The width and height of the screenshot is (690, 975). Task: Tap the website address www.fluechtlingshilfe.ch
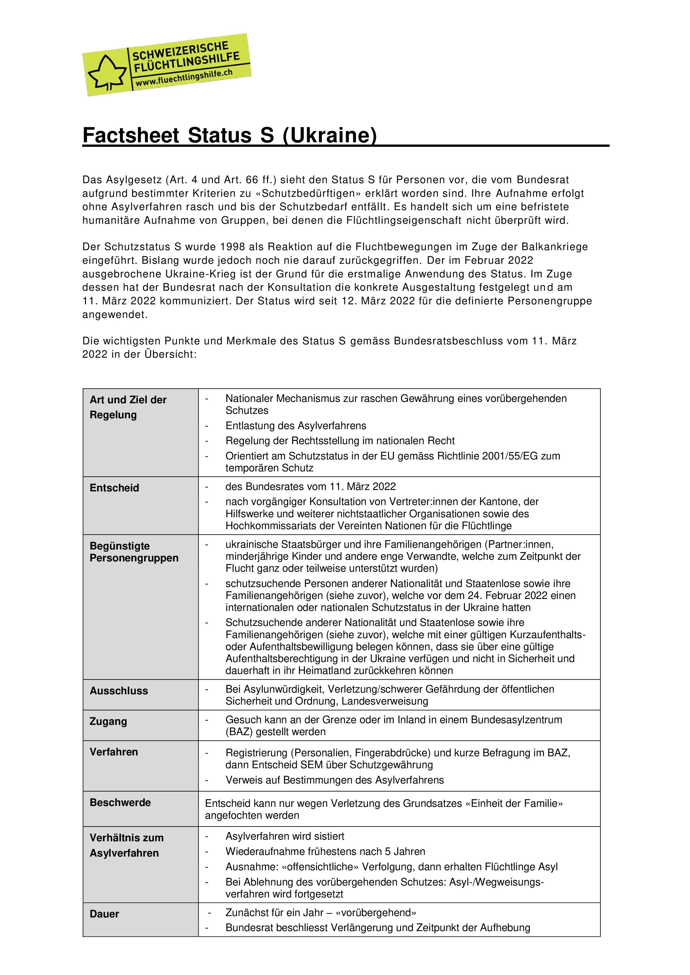(184, 78)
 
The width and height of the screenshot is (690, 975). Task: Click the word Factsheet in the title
(131, 135)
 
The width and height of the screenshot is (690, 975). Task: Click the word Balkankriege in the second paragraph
(555, 247)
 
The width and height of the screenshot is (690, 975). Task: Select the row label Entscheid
(114, 488)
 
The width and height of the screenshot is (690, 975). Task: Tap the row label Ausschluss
(118, 691)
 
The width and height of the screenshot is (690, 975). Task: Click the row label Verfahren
(113, 752)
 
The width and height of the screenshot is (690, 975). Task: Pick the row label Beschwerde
(120, 803)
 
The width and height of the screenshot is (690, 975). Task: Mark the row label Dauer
(104, 914)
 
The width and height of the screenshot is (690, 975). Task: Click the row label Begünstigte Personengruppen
(134, 552)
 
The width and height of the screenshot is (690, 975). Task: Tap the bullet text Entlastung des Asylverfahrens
(296, 426)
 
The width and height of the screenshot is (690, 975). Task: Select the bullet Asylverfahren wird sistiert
(285, 836)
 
